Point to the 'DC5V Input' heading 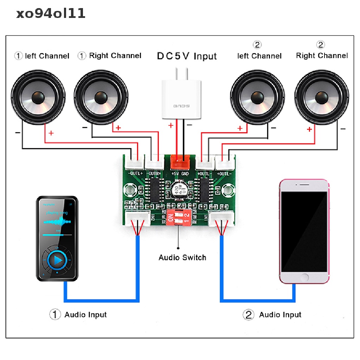tap(187, 56)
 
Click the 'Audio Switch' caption tap(182, 258)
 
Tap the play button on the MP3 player tap(58, 260)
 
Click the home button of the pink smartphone tap(304, 277)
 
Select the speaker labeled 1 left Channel tap(38, 96)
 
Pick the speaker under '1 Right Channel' tap(101, 96)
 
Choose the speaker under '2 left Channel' tap(257, 96)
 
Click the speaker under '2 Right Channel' tap(322, 96)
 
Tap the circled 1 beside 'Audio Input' tap(54, 314)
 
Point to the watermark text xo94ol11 tap(51, 14)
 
